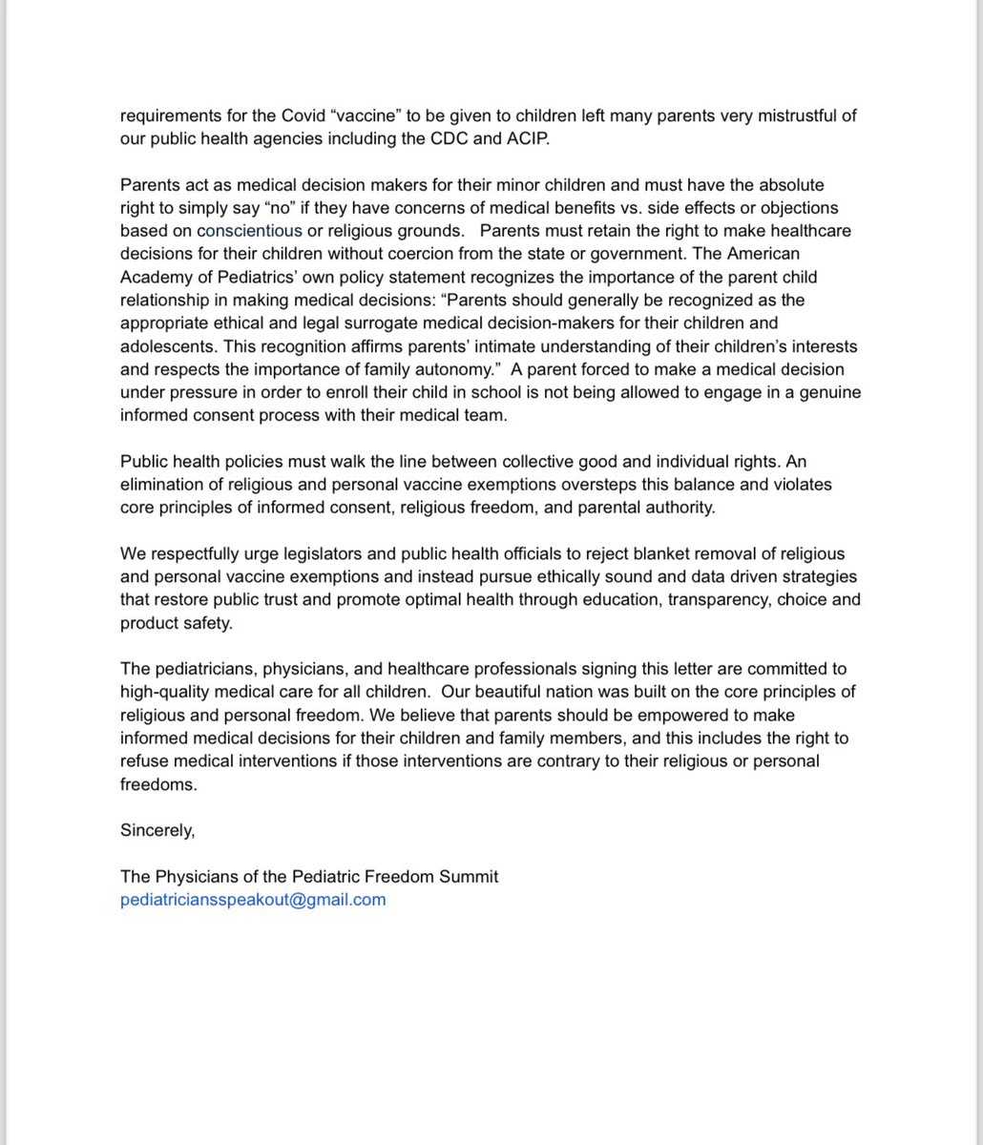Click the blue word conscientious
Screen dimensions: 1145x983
tap(249, 231)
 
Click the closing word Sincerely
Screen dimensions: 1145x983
tap(157, 830)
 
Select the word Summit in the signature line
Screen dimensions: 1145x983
tap(468, 876)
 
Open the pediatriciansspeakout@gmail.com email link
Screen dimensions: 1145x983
tap(253, 899)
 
